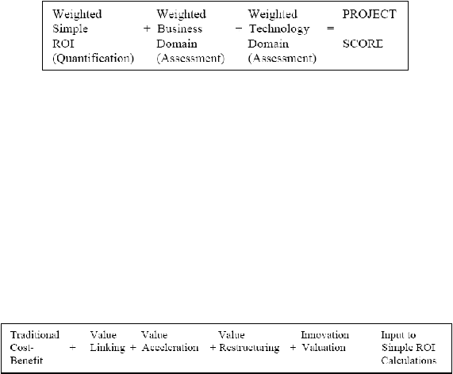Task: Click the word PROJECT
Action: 369,14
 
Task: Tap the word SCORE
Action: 363,44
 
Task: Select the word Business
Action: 180,29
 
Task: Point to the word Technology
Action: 279,29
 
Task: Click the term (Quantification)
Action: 94,59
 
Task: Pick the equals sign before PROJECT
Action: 331,29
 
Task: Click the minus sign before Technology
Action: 239,29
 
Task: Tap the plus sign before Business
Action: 147,29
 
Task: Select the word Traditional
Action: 35,335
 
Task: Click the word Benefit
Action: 26,361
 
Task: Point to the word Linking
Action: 107,348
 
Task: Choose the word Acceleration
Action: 170,347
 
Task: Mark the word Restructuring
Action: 249,348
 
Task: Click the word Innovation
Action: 325,335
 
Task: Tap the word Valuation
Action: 324,347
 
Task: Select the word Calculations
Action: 409,361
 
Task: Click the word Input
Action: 390,336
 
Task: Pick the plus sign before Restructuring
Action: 213,347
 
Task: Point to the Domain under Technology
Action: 268,44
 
